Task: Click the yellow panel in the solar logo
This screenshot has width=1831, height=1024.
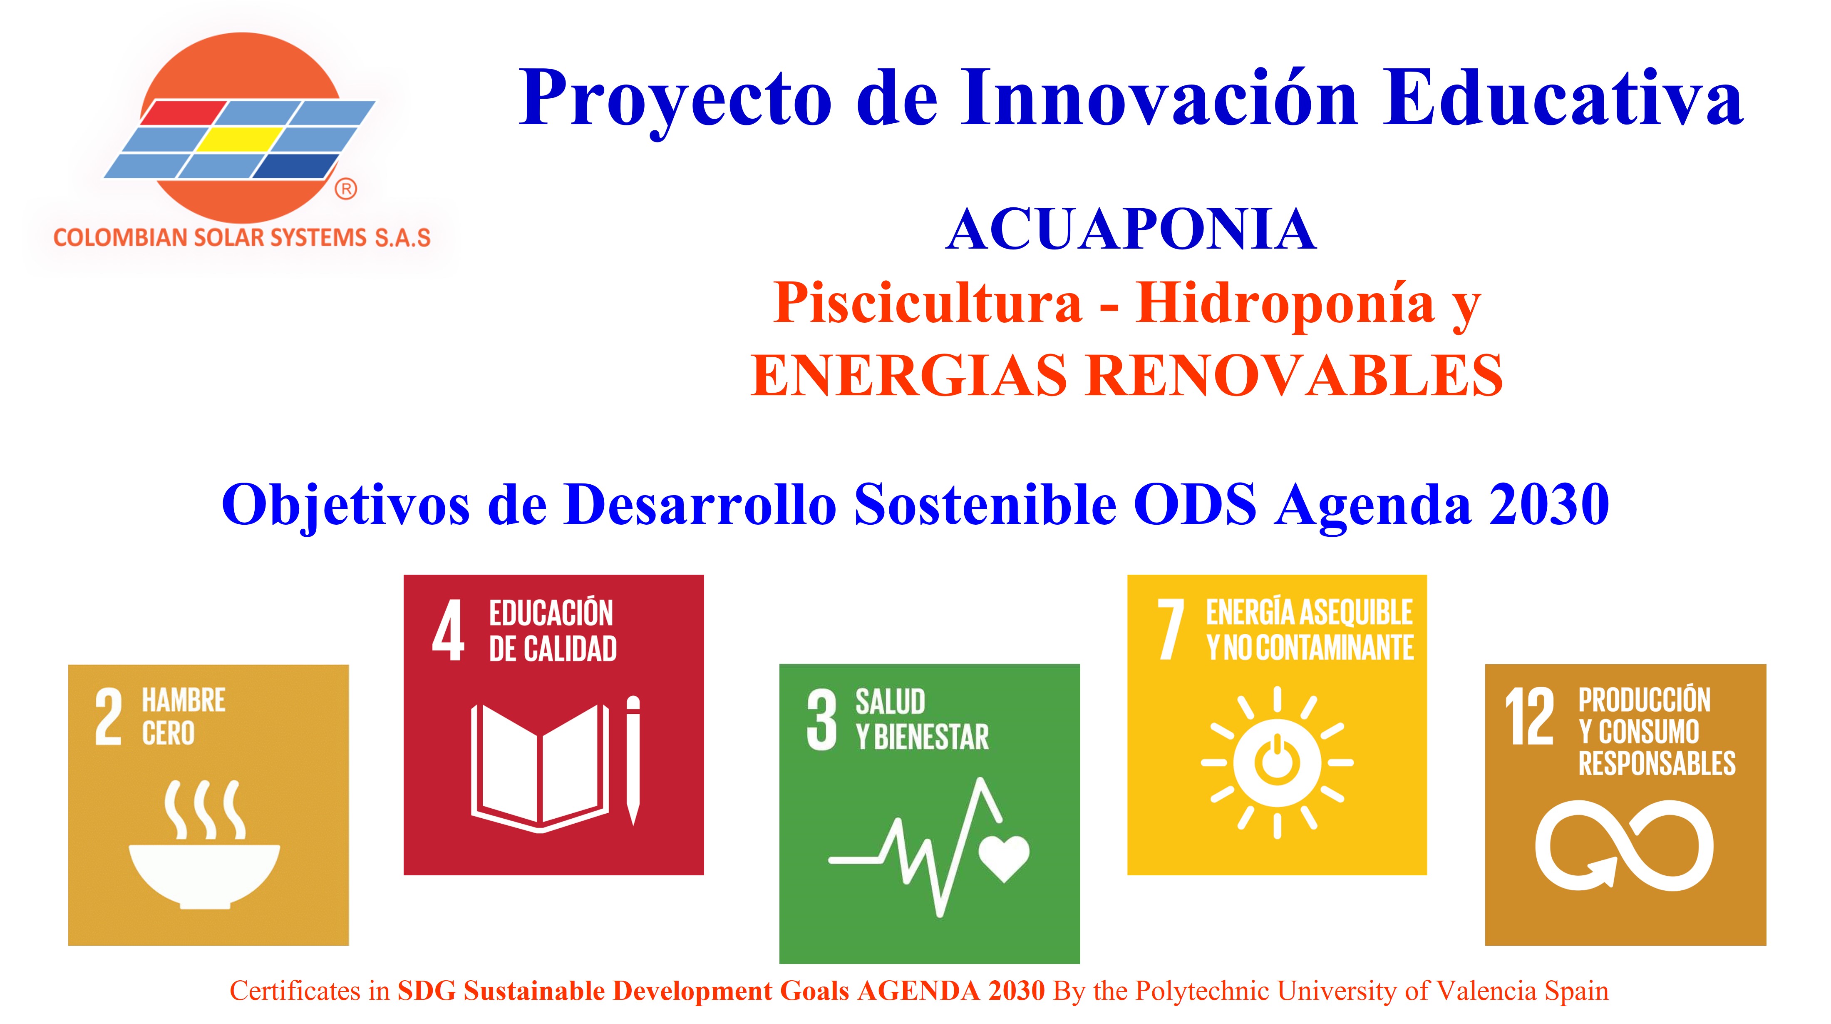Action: (238, 140)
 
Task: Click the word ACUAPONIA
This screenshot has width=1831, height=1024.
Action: (1131, 230)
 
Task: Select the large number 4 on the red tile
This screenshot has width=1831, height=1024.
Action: (449, 630)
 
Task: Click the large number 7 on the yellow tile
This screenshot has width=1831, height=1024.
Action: (1170, 629)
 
